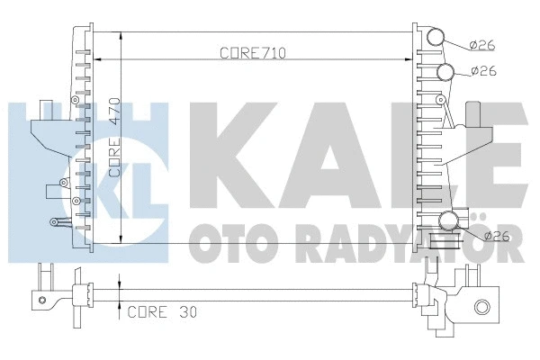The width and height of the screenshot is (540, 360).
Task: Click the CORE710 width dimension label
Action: coord(252,53)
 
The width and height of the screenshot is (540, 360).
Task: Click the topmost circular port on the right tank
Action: coord(436,38)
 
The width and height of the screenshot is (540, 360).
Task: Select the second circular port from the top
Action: coord(446,73)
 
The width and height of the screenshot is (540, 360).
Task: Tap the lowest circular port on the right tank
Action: coord(449,221)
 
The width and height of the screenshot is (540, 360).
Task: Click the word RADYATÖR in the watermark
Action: coord(414,246)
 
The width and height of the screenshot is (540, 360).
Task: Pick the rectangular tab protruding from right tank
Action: coord(474,115)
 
